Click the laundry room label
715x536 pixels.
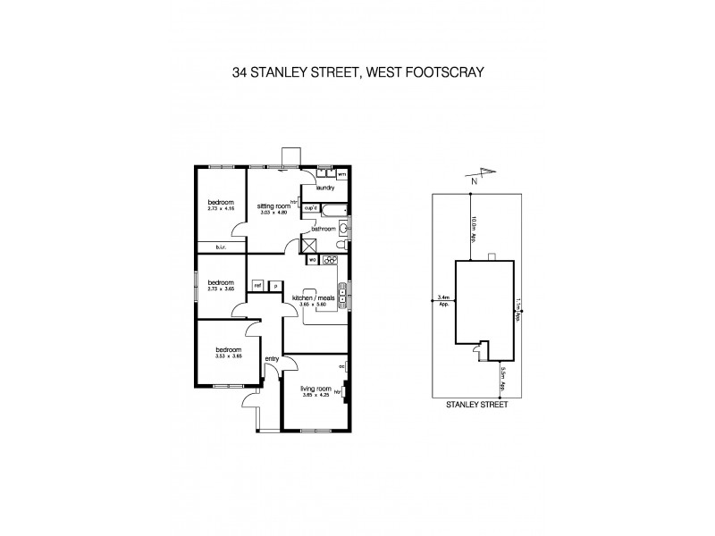click(x=325, y=188)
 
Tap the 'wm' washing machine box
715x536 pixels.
click(x=341, y=176)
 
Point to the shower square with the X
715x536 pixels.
click(x=311, y=246)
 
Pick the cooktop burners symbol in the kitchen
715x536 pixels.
click(x=329, y=260)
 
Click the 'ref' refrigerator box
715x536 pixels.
click(x=257, y=285)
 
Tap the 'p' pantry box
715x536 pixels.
click(x=276, y=285)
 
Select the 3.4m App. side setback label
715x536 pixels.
click(x=443, y=300)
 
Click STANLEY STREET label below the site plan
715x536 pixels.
click(x=476, y=404)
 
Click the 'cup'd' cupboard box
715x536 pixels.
click(x=312, y=207)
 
